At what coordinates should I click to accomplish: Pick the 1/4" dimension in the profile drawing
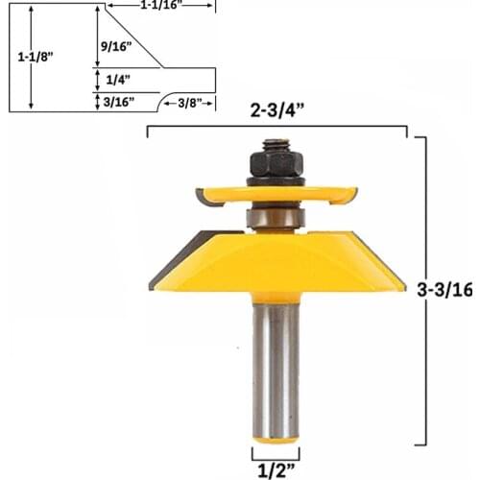point(113,82)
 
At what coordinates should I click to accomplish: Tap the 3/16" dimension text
point(117,100)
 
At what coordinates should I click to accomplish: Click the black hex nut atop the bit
point(276,163)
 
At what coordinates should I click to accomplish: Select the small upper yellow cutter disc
point(276,195)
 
